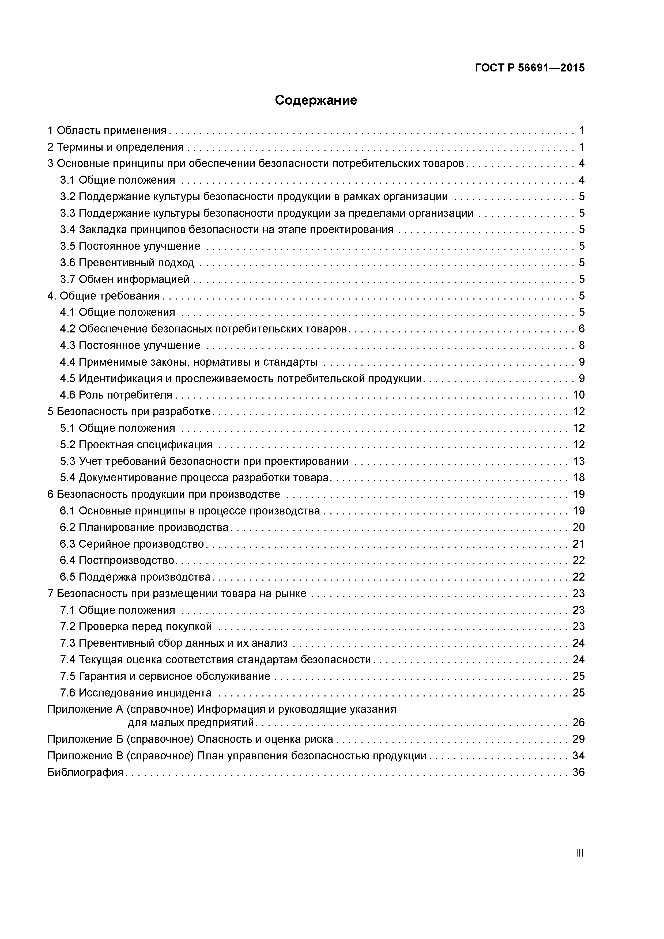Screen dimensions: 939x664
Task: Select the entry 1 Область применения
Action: pos(107,130)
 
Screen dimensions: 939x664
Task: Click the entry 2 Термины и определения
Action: pos(115,147)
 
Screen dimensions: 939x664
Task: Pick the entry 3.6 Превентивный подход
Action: pos(127,263)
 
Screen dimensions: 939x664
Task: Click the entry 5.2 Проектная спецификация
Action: pos(136,445)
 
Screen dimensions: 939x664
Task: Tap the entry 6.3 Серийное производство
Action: pos(132,544)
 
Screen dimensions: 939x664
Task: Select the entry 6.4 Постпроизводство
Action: pos(118,560)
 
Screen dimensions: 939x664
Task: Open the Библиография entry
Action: pos(85,773)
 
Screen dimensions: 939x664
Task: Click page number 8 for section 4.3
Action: pos(581,346)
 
